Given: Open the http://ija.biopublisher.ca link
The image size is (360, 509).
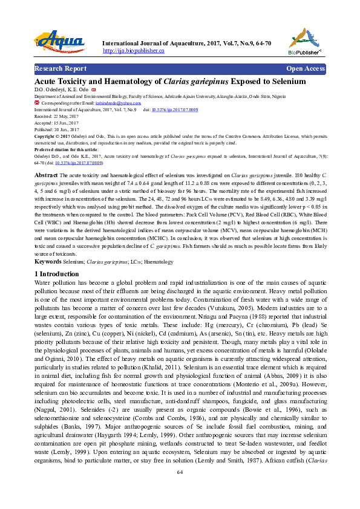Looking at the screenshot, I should pyautogui.click(x=134, y=51).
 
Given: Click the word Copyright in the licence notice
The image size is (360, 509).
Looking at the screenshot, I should pyautogui.click(x=46, y=136).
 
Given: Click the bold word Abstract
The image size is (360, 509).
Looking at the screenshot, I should pyautogui.click(x=46, y=175).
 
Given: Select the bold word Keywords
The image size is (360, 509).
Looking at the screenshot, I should pyautogui.click(x=48, y=262).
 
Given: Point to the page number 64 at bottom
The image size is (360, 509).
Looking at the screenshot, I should pyautogui.click(x=180, y=489).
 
